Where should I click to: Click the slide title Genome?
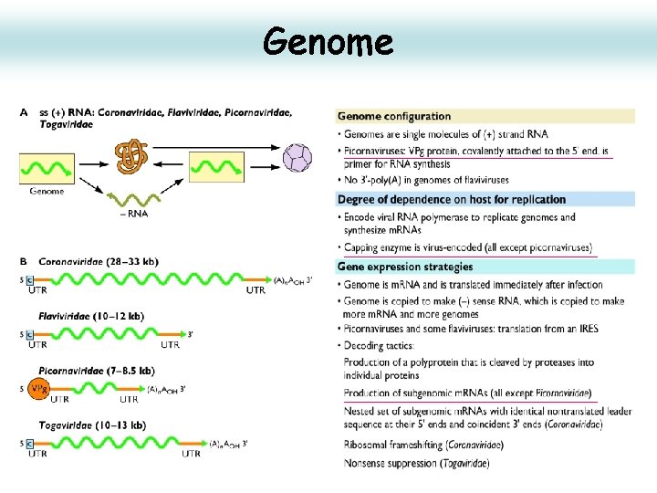coord(328,41)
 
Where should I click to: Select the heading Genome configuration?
coord(394,116)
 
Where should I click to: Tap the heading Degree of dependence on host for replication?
coord(451,200)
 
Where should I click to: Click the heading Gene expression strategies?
coord(405,267)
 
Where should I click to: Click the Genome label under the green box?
coord(47,192)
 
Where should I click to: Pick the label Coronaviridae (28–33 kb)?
coord(99,261)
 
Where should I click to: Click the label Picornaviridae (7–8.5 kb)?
coord(97,371)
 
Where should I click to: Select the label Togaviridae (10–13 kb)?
coord(93,425)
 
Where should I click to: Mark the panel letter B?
coord(23,262)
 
